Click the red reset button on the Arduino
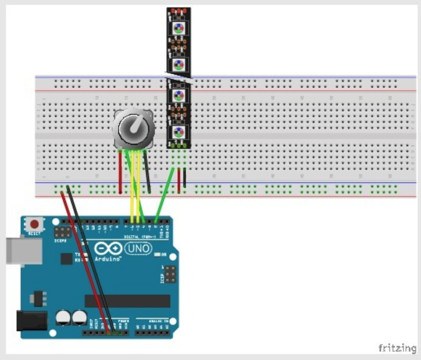click(x=35, y=223)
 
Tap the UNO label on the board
click(x=138, y=249)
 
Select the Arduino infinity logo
click(x=109, y=249)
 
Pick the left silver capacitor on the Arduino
click(x=63, y=317)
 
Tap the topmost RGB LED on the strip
click(x=178, y=28)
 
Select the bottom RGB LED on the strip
click(x=178, y=132)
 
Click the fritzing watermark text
click(x=397, y=348)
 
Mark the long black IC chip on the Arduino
click(x=127, y=301)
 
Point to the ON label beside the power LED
click(x=162, y=254)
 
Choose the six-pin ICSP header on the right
click(x=170, y=275)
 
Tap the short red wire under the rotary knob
click(x=120, y=172)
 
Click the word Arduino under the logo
click(x=108, y=259)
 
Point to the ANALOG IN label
click(x=155, y=321)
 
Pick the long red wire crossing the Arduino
click(x=87, y=260)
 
